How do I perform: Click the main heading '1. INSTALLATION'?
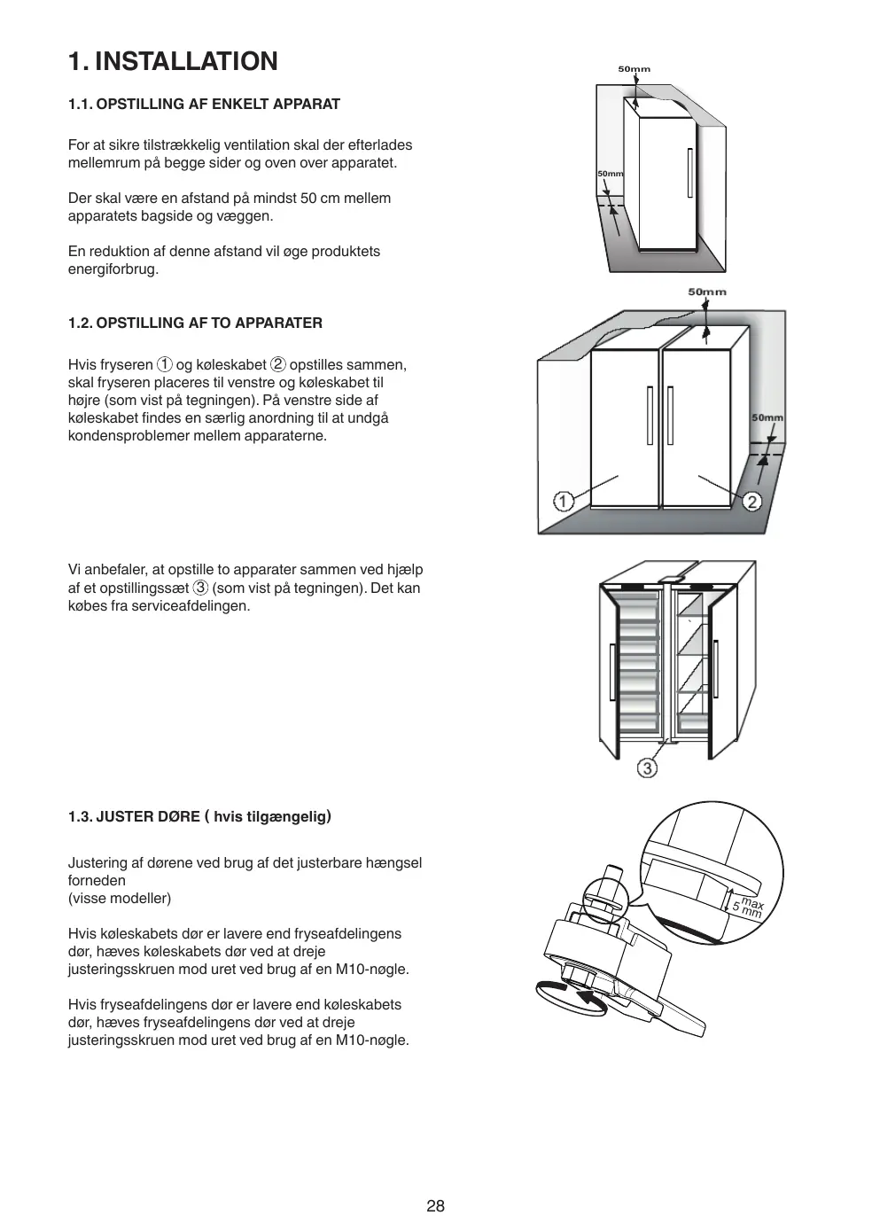click(x=173, y=61)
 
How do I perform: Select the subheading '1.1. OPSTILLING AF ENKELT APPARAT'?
click(x=204, y=104)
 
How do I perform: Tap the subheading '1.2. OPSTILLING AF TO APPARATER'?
click(x=195, y=323)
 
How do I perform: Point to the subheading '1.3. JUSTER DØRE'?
click(x=134, y=816)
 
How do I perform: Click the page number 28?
click(x=435, y=1205)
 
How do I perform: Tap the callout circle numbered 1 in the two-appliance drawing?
click(x=564, y=501)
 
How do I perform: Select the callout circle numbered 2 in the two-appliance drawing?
click(x=751, y=502)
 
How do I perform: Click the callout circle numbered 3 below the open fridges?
click(x=648, y=767)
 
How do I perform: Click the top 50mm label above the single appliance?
click(x=634, y=69)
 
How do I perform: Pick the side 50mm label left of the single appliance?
click(x=610, y=174)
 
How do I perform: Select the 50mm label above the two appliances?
click(x=706, y=292)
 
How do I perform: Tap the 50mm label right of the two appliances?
click(x=767, y=417)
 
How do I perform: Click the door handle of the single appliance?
click(x=689, y=173)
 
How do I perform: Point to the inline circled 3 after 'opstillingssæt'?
click(x=201, y=588)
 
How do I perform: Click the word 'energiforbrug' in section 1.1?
click(x=112, y=269)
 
